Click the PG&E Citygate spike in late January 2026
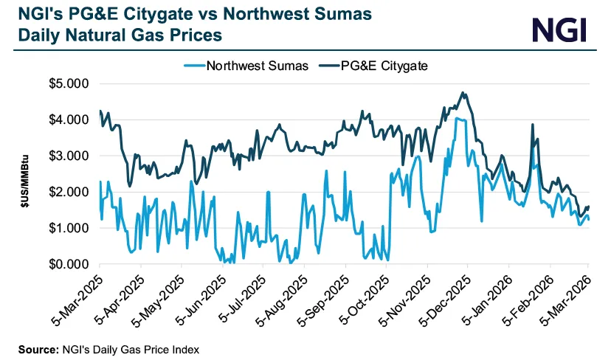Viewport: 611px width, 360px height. point(531,125)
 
